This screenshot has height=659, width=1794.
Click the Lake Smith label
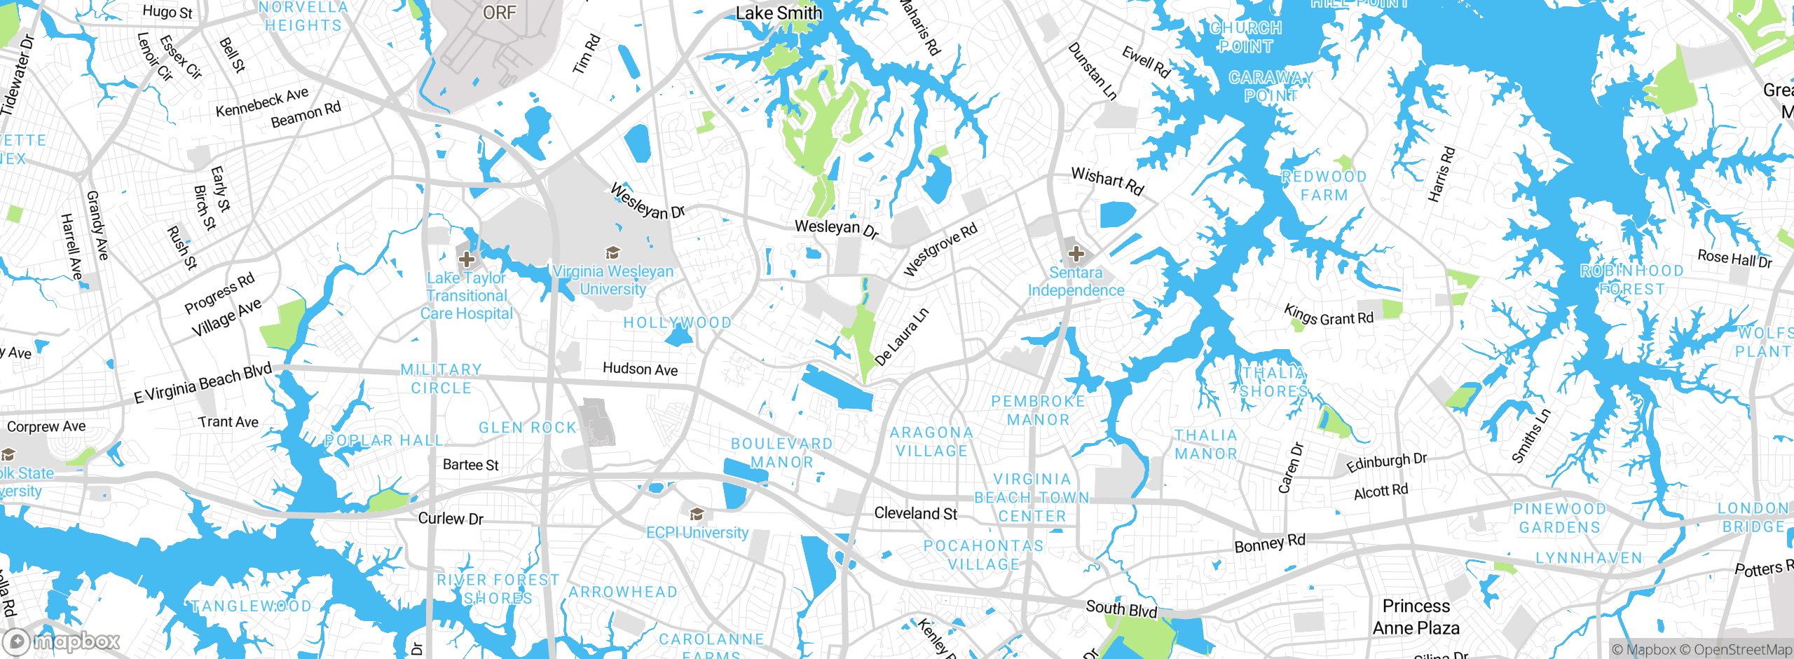779,13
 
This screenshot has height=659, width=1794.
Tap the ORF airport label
499,13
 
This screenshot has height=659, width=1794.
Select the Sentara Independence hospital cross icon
1076,254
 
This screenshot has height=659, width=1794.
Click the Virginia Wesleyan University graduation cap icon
612,253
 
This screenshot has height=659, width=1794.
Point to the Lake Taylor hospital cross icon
467,259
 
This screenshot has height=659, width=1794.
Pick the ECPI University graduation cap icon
696,515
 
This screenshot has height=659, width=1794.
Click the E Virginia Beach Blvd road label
203,383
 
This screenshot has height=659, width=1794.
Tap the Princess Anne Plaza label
1416,617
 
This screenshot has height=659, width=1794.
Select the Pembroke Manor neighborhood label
1038,410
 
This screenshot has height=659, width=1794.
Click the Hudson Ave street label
640,369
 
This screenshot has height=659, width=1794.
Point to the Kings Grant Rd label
1328,315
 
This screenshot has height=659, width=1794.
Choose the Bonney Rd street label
1270,543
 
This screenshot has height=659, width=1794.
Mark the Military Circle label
441,379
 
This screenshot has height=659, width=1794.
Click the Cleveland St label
915,513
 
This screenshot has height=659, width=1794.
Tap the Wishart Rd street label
1107,181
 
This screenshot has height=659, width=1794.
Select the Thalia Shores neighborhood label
1273,382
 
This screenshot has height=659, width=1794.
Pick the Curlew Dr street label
451,519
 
